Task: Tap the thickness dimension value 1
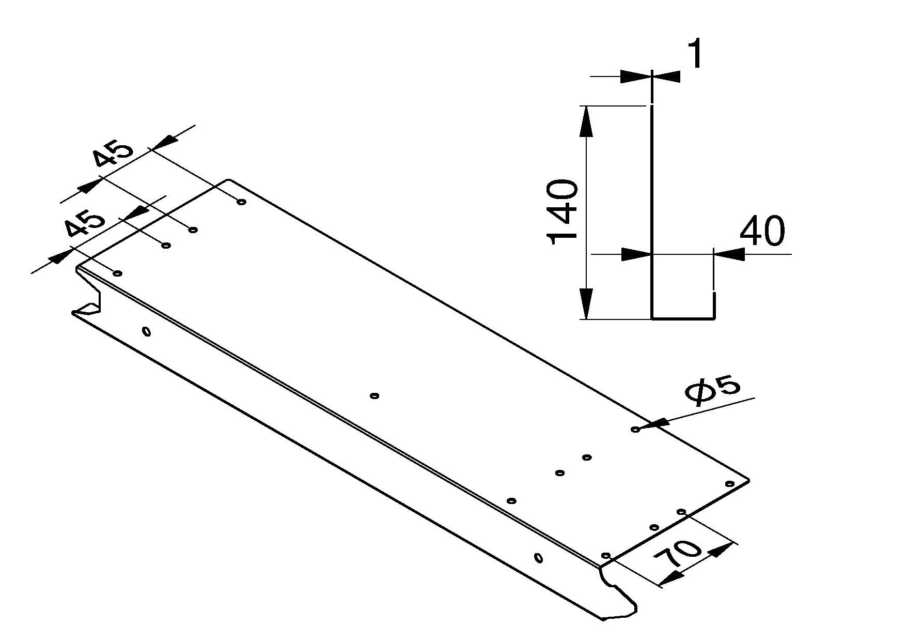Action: pyautogui.click(x=696, y=54)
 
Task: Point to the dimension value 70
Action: pyautogui.click(x=678, y=555)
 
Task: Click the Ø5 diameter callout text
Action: pyautogui.click(x=713, y=392)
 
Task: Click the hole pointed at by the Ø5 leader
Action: pyautogui.click(x=635, y=429)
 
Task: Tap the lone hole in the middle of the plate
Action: pyautogui.click(x=375, y=396)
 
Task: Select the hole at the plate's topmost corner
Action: pyautogui.click(x=241, y=202)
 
